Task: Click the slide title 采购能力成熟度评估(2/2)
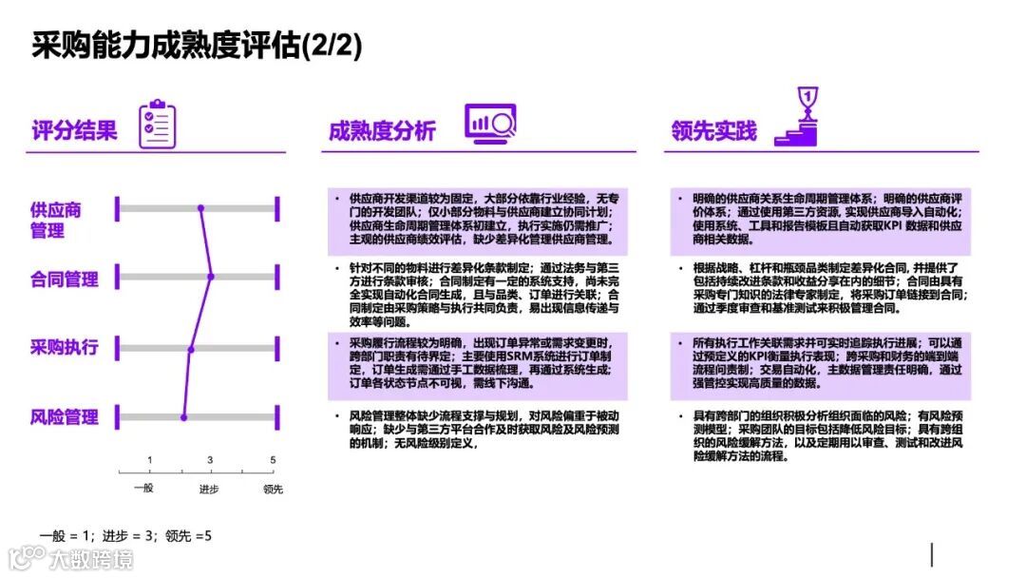coord(197,45)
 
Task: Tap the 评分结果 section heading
coord(74,130)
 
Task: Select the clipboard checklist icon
coord(157,125)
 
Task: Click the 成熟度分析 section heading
coord(382,130)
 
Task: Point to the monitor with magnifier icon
coord(489,124)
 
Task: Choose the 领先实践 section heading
coord(713,130)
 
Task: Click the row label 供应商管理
coord(55,220)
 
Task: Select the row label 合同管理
coord(64,279)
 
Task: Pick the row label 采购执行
coord(64,347)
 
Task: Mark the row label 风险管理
coord(64,416)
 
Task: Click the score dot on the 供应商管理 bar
coord(201,207)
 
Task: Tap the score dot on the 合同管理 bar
coord(211,277)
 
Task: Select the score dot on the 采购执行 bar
coord(191,349)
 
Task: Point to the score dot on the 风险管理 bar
coord(184,416)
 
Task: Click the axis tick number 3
coord(211,460)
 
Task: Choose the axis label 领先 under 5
coord(273,489)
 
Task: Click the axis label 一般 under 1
coord(143,489)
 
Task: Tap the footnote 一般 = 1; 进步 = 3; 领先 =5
coord(125,536)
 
